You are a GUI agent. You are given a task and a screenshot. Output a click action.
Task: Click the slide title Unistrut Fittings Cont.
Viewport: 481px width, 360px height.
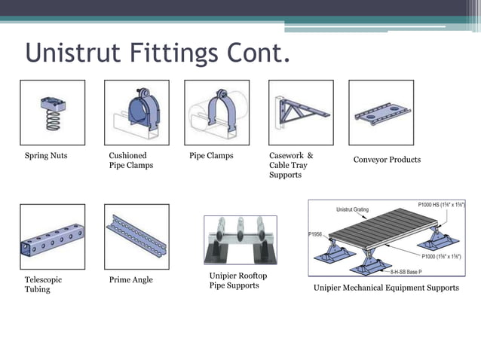157,55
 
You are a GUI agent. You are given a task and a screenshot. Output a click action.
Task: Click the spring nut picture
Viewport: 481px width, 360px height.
52,112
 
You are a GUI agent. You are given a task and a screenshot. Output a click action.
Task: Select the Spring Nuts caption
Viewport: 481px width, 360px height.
47,156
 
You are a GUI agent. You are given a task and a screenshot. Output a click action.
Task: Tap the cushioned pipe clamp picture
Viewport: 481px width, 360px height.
136,112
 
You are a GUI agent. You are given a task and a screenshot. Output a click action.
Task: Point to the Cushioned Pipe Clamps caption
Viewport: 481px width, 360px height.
130,160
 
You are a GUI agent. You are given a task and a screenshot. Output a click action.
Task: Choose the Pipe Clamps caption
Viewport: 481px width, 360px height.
211,156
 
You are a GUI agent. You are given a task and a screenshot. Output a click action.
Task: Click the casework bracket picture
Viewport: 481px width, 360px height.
300,112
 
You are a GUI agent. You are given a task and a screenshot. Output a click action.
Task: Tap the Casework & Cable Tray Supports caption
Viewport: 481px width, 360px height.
290,165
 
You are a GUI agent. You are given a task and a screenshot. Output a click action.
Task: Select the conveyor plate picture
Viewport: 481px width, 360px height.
381,112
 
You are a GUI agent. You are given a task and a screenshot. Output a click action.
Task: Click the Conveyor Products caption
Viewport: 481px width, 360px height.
387,160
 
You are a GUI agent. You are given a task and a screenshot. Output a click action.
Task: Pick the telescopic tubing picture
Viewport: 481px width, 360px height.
52,236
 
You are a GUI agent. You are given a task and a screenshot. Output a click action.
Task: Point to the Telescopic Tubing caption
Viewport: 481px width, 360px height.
43,284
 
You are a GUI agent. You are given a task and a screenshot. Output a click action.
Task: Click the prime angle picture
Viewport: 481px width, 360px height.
136,236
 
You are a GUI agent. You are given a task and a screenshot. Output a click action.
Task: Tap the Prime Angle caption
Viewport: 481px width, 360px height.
130,279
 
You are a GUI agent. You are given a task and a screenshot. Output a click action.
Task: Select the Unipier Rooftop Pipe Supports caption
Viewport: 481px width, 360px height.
237,281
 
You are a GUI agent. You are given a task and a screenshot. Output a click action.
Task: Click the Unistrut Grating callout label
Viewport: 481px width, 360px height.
351,209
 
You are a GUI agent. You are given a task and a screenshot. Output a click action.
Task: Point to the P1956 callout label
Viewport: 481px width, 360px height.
315,234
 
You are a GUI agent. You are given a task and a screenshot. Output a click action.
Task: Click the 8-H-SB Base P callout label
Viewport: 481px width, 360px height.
411,270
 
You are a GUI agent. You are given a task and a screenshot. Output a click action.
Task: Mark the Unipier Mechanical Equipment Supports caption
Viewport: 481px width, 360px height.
386,288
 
